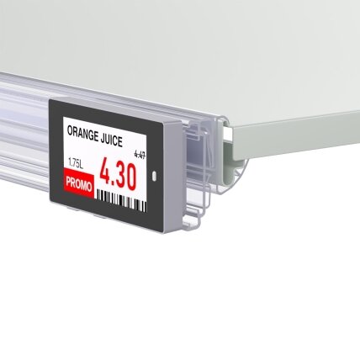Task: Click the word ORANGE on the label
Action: [83, 135]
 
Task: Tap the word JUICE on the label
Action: [112, 140]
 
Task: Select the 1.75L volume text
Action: [76, 163]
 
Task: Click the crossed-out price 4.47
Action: [140, 155]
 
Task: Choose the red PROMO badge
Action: [79, 183]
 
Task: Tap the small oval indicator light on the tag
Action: [154, 176]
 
